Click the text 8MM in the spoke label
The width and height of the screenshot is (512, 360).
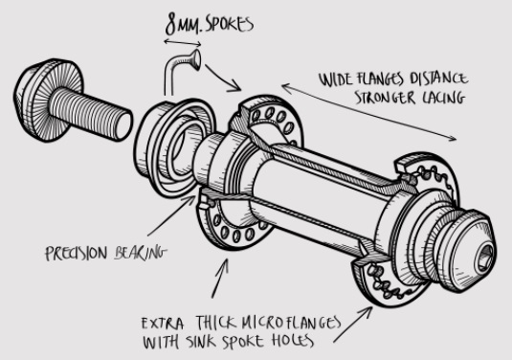pyautogui.click(x=182, y=25)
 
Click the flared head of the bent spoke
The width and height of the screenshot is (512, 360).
pyautogui.click(x=196, y=59)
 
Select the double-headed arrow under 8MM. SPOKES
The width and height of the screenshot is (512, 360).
pyautogui.click(x=182, y=43)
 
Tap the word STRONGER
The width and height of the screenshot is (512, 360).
pyautogui.click(x=385, y=98)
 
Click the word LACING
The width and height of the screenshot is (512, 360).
pyautogui.click(x=444, y=98)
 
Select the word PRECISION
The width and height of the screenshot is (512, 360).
pyautogui.click(x=77, y=253)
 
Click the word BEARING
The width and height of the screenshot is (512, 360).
pyautogui.click(x=140, y=253)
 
